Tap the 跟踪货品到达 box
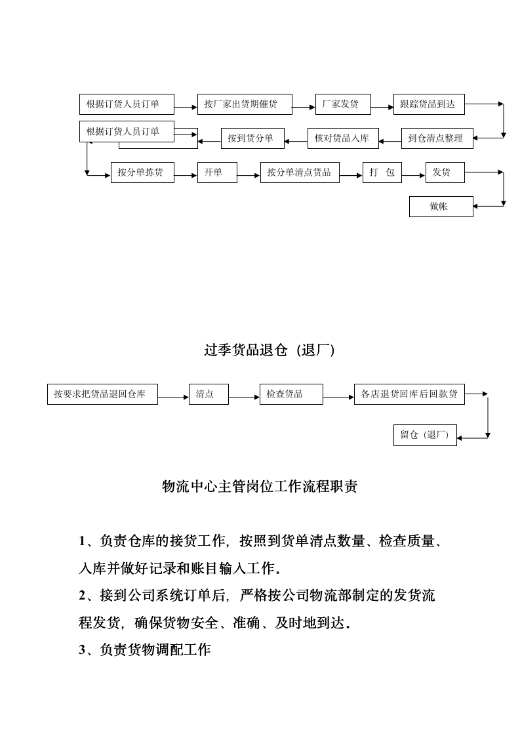429,104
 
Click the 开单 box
217,173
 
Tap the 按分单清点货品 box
300,173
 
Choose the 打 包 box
382,173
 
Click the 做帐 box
441,207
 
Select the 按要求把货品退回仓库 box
102,394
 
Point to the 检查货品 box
291,394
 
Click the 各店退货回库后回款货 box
409,394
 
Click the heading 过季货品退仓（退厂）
270,351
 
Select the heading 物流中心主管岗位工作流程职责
260,487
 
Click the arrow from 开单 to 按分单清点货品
249,175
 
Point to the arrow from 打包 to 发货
413,175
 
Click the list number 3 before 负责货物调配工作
83,650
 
